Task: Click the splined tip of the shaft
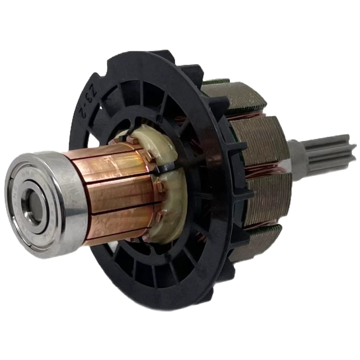tap(329, 149)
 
